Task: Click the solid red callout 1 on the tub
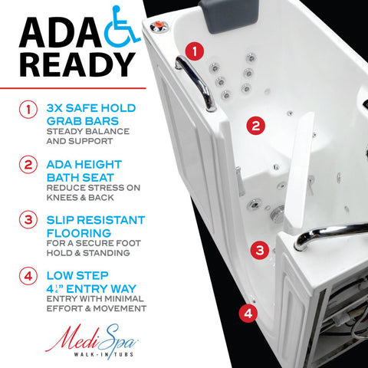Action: (197, 52)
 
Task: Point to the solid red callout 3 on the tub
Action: (260, 249)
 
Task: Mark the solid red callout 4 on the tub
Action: (248, 313)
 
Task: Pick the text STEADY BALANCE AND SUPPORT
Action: (86, 136)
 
